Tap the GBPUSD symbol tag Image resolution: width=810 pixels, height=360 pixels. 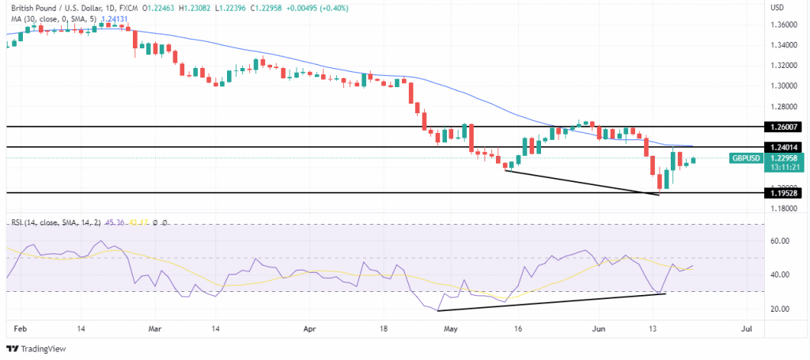pyautogui.click(x=747, y=158)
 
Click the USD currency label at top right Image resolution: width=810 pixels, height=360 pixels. pyautogui.click(x=778, y=7)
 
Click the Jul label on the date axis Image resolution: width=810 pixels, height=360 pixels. pyautogui.click(x=744, y=327)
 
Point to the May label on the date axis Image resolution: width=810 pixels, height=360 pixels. pyautogui.click(x=451, y=327)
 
